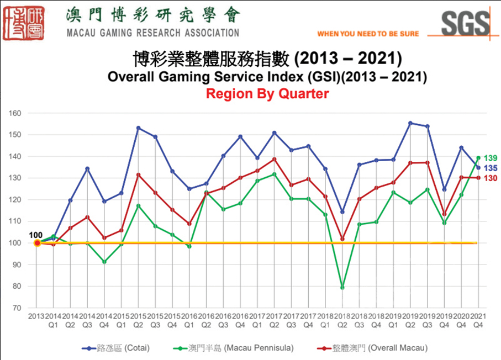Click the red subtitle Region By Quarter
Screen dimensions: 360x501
click(267, 93)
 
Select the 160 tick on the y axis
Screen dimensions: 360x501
click(14, 113)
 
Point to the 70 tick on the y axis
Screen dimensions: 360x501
click(17, 308)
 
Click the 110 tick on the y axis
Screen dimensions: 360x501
click(14, 221)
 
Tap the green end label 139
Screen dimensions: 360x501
click(491, 158)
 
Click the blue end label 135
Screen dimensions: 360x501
click(491, 168)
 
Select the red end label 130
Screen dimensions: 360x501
click(491, 178)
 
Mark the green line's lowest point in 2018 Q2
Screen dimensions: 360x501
click(342, 287)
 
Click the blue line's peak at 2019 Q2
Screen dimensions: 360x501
click(410, 123)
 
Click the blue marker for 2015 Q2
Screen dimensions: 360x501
click(139, 128)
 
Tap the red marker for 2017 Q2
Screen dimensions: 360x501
click(275, 159)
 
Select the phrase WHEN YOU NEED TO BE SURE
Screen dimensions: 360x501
click(368, 34)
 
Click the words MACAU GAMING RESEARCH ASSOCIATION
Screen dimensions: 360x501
click(152, 33)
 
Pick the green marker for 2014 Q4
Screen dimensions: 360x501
click(104, 262)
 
